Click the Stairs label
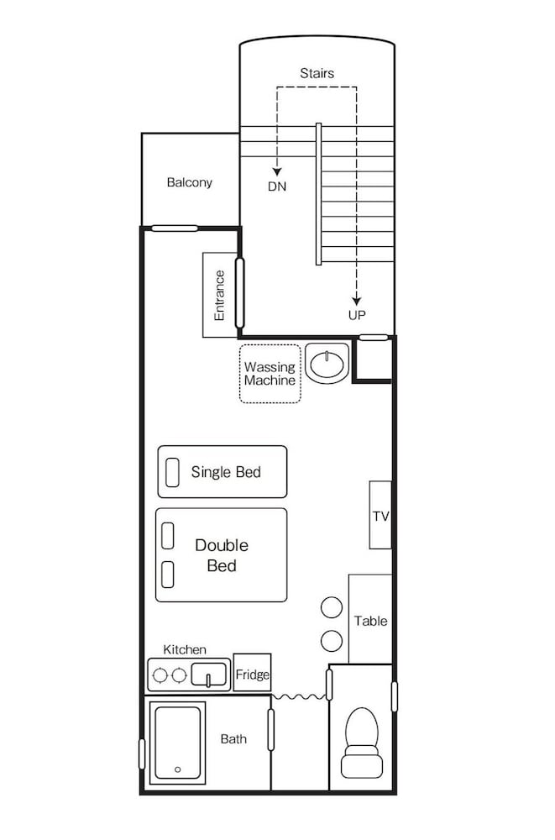tap(317, 73)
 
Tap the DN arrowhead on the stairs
tap(277, 172)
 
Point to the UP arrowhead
tap(356, 301)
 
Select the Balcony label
tap(190, 182)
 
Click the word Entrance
tap(219, 295)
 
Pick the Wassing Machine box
tap(270, 374)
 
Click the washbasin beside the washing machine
tap(327, 364)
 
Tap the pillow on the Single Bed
tap(172, 472)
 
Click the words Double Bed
tap(222, 555)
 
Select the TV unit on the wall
tap(380, 515)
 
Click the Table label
tap(371, 621)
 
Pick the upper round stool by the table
tap(332, 607)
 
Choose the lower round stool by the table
tap(332, 641)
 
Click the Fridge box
tap(253, 673)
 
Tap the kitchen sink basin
tap(209, 675)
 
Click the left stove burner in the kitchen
tap(160, 675)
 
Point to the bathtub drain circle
tap(177, 769)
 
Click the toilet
tap(362, 743)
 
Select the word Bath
tap(233, 739)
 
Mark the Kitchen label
tap(185, 650)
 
